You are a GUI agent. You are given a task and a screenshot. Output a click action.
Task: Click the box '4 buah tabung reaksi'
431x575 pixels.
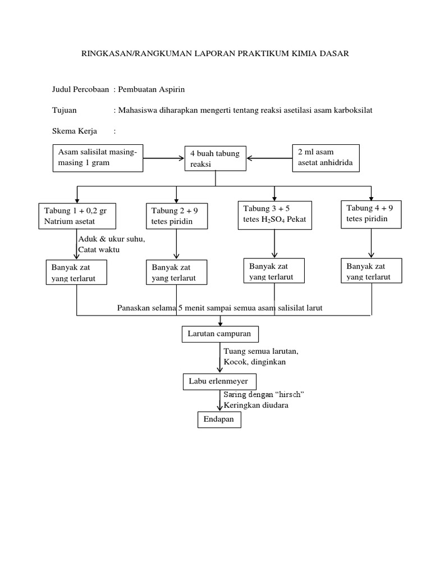pyautogui.click(x=216, y=159)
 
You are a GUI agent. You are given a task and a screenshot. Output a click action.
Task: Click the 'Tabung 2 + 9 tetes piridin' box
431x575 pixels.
pyautogui.click(x=176, y=216)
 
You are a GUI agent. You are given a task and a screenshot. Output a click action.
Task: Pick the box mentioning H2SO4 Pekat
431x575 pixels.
pyautogui.click(x=274, y=213)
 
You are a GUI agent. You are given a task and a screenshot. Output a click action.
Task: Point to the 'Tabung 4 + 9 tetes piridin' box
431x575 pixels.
pyautogui.click(x=372, y=213)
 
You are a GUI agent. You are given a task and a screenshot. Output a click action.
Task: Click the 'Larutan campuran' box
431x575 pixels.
pyautogui.click(x=220, y=335)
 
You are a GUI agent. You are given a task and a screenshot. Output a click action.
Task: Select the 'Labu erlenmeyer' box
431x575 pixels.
pyautogui.click(x=219, y=382)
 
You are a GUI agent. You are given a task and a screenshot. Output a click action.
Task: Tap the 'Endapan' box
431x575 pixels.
pyautogui.click(x=219, y=419)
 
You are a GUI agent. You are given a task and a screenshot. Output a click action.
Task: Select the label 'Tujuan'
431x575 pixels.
pyautogui.click(x=64, y=110)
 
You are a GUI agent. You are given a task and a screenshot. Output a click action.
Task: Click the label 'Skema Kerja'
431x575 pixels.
pyautogui.click(x=74, y=131)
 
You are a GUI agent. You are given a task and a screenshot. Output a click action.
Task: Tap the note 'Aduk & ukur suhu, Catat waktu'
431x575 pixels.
pyautogui.click(x=111, y=244)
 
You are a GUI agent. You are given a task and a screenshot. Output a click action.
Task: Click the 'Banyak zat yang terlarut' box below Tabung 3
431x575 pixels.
pyautogui.click(x=274, y=271)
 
